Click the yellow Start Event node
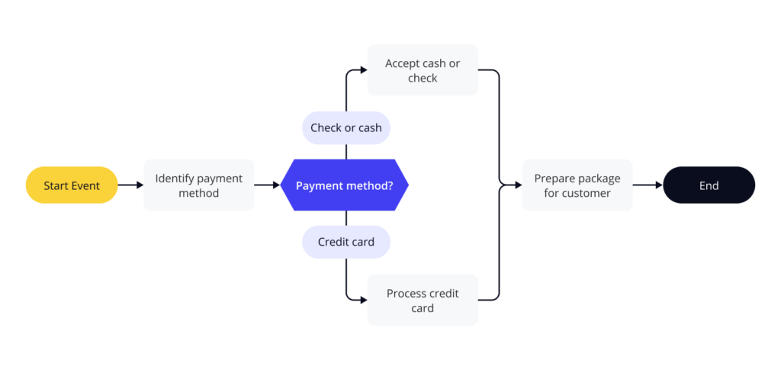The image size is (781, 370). [72, 185]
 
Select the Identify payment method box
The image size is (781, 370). [198, 185]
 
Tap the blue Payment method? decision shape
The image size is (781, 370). [345, 185]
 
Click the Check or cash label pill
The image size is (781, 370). [346, 127]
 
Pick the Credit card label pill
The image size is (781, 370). [346, 242]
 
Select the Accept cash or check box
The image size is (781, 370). [423, 70]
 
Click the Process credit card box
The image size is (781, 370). [423, 301]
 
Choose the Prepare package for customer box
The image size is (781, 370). [577, 185]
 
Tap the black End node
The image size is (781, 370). [709, 185]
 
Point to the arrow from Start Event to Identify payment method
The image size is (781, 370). [130, 185]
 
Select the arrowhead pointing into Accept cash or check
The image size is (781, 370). [363, 70]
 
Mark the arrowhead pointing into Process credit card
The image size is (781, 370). [363, 300]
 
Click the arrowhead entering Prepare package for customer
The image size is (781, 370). [518, 185]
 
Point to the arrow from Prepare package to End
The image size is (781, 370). [648, 185]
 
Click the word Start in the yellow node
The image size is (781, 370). [56, 185]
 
